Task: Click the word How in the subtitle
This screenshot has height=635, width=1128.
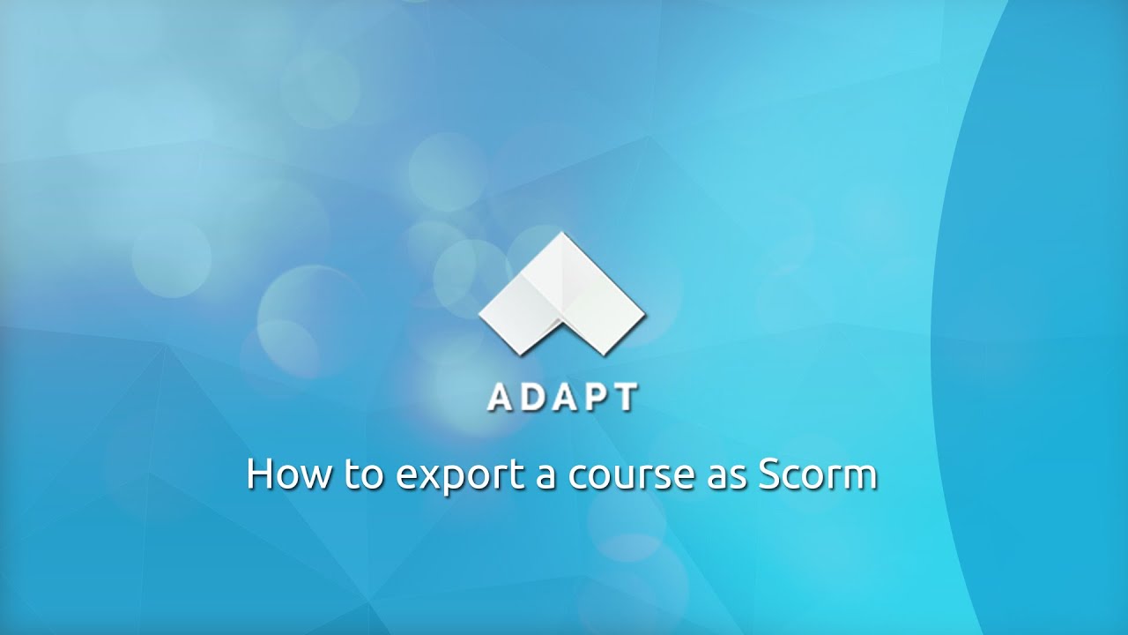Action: (288, 474)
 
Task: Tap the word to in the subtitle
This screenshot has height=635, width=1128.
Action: (363, 474)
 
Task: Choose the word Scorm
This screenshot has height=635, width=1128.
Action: (817, 474)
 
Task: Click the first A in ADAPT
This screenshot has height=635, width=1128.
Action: (499, 398)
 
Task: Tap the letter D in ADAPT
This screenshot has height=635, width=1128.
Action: (531, 398)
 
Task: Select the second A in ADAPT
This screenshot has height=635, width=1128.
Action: (562, 398)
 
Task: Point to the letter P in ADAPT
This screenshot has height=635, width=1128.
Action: (593, 398)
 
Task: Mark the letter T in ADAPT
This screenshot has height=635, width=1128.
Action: (624, 398)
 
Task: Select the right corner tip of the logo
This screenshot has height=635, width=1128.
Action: (644, 312)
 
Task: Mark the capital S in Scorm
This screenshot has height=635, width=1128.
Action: (770, 474)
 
